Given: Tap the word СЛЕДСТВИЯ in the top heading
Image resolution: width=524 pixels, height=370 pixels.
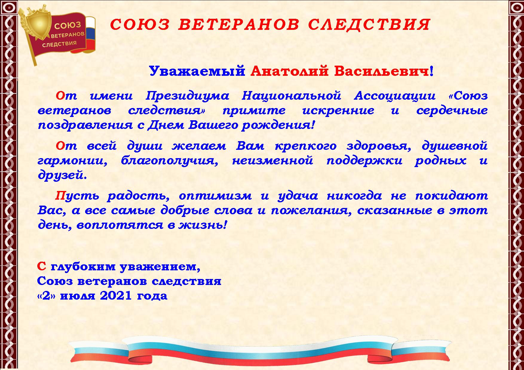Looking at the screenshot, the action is (x=369, y=24).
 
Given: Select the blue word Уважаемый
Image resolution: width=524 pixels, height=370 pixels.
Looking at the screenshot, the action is (x=197, y=72).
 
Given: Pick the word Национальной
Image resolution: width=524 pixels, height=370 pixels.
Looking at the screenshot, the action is (x=291, y=96).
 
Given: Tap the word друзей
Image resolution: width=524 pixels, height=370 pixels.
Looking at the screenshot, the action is (x=62, y=175).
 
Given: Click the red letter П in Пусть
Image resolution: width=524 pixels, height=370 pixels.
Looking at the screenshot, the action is (x=60, y=196).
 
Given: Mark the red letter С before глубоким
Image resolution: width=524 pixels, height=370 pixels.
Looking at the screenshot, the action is (x=42, y=266).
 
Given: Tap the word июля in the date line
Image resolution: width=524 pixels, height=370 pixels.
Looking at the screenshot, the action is (x=77, y=296).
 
